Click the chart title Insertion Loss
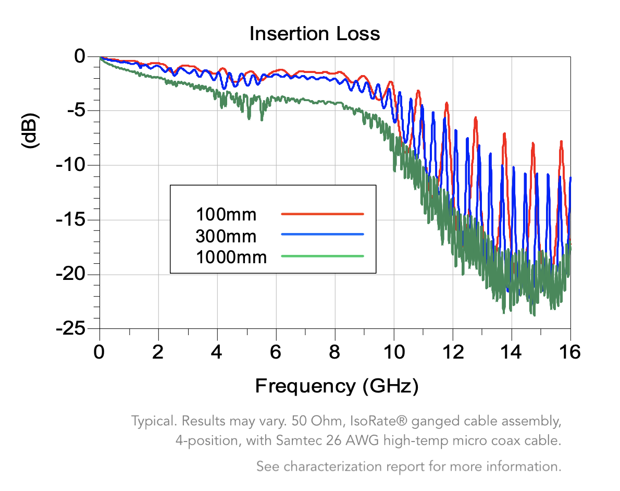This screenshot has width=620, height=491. [315, 34]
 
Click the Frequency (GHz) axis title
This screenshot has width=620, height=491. [337, 386]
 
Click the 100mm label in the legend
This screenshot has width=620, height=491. [226, 214]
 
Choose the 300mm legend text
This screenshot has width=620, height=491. [226, 236]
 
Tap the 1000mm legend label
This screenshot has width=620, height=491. [231, 257]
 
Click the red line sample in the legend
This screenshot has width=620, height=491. [322, 214]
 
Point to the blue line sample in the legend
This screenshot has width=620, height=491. [322, 235]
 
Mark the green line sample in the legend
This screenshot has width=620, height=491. [322, 256]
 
